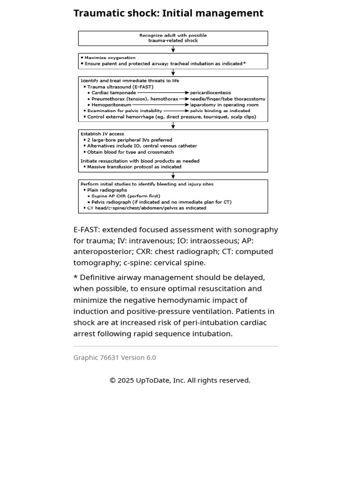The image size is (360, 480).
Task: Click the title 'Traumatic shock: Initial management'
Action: click(x=168, y=14)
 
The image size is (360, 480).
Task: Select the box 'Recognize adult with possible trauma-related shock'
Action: click(x=173, y=38)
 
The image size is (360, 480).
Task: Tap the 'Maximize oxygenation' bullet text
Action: click(x=110, y=58)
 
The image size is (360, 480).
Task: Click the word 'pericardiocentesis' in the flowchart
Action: click(x=210, y=93)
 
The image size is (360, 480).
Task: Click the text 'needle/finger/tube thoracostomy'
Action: click(x=227, y=99)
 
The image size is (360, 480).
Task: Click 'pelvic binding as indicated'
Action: click(x=220, y=111)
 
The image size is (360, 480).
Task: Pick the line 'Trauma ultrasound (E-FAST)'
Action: click(x=120, y=87)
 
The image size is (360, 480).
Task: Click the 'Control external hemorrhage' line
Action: click(x=172, y=117)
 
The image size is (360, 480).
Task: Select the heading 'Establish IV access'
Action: click(x=102, y=134)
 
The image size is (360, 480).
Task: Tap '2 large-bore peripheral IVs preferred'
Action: click(x=129, y=140)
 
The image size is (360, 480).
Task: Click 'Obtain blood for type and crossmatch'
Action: click(x=130, y=152)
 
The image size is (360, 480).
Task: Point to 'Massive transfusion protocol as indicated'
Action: click(x=134, y=167)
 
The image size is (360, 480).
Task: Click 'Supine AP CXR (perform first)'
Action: click(x=126, y=196)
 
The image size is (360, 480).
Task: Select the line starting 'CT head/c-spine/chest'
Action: click(x=146, y=208)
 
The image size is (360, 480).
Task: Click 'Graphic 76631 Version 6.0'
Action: click(x=115, y=358)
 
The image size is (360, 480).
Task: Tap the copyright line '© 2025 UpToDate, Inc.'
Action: click(x=180, y=380)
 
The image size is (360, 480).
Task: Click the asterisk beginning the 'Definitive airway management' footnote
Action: click(x=75, y=277)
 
